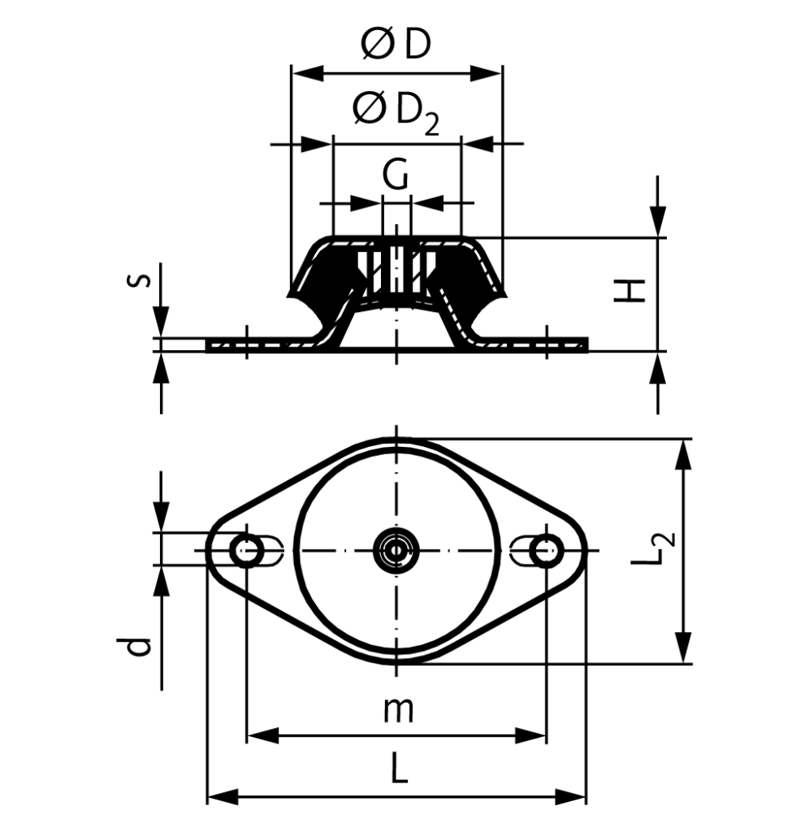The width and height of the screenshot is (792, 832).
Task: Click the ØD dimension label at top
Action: tap(396, 45)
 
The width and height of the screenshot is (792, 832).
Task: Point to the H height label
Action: tap(630, 291)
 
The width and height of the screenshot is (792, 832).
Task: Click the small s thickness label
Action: tap(140, 281)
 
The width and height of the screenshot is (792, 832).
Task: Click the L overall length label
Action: tap(397, 768)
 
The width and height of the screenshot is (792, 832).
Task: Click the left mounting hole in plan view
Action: tap(245, 551)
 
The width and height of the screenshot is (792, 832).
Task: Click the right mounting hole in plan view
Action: tap(546, 551)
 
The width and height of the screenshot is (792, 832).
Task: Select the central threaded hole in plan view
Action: tap(396, 551)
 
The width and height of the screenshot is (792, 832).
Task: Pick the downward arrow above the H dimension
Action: tap(657, 219)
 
